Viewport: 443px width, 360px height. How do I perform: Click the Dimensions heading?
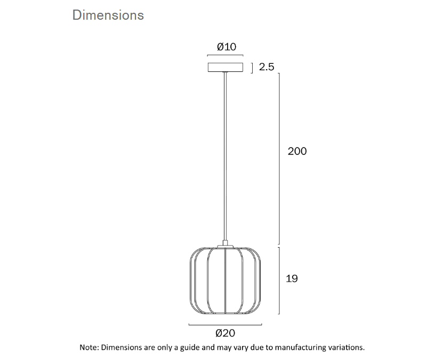pyautogui.click(x=108, y=15)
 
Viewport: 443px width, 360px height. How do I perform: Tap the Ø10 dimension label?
pyautogui.click(x=227, y=47)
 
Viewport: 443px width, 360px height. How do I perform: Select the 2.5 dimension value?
pyautogui.click(x=266, y=67)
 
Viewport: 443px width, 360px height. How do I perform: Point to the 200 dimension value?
pyautogui.click(x=297, y=151)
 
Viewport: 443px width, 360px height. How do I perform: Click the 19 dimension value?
pyautogui.click(x=292, y=279)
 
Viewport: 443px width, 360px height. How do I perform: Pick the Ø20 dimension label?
pyautogui.click(x=225, y=333)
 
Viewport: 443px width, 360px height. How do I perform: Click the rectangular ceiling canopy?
pyautogui.click(x=225, y=67)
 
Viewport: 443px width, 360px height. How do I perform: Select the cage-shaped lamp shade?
pyautogui.click(x=225, y=282)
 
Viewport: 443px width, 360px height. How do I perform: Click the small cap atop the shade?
pyautogui.click(x=225, y=246)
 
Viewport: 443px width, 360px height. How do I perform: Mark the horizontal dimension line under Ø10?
pyautogui.click(x=225, y=55)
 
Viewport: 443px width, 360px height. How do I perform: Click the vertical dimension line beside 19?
pyautogui.click(x=280, y=280)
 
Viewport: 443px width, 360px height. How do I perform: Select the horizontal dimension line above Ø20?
pyautogui.click(x=225, y=324)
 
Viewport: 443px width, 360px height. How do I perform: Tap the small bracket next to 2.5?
pyautogui.click(x=251, y=67)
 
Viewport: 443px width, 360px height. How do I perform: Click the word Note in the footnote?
pyautogui.click(x=88, y=348)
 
